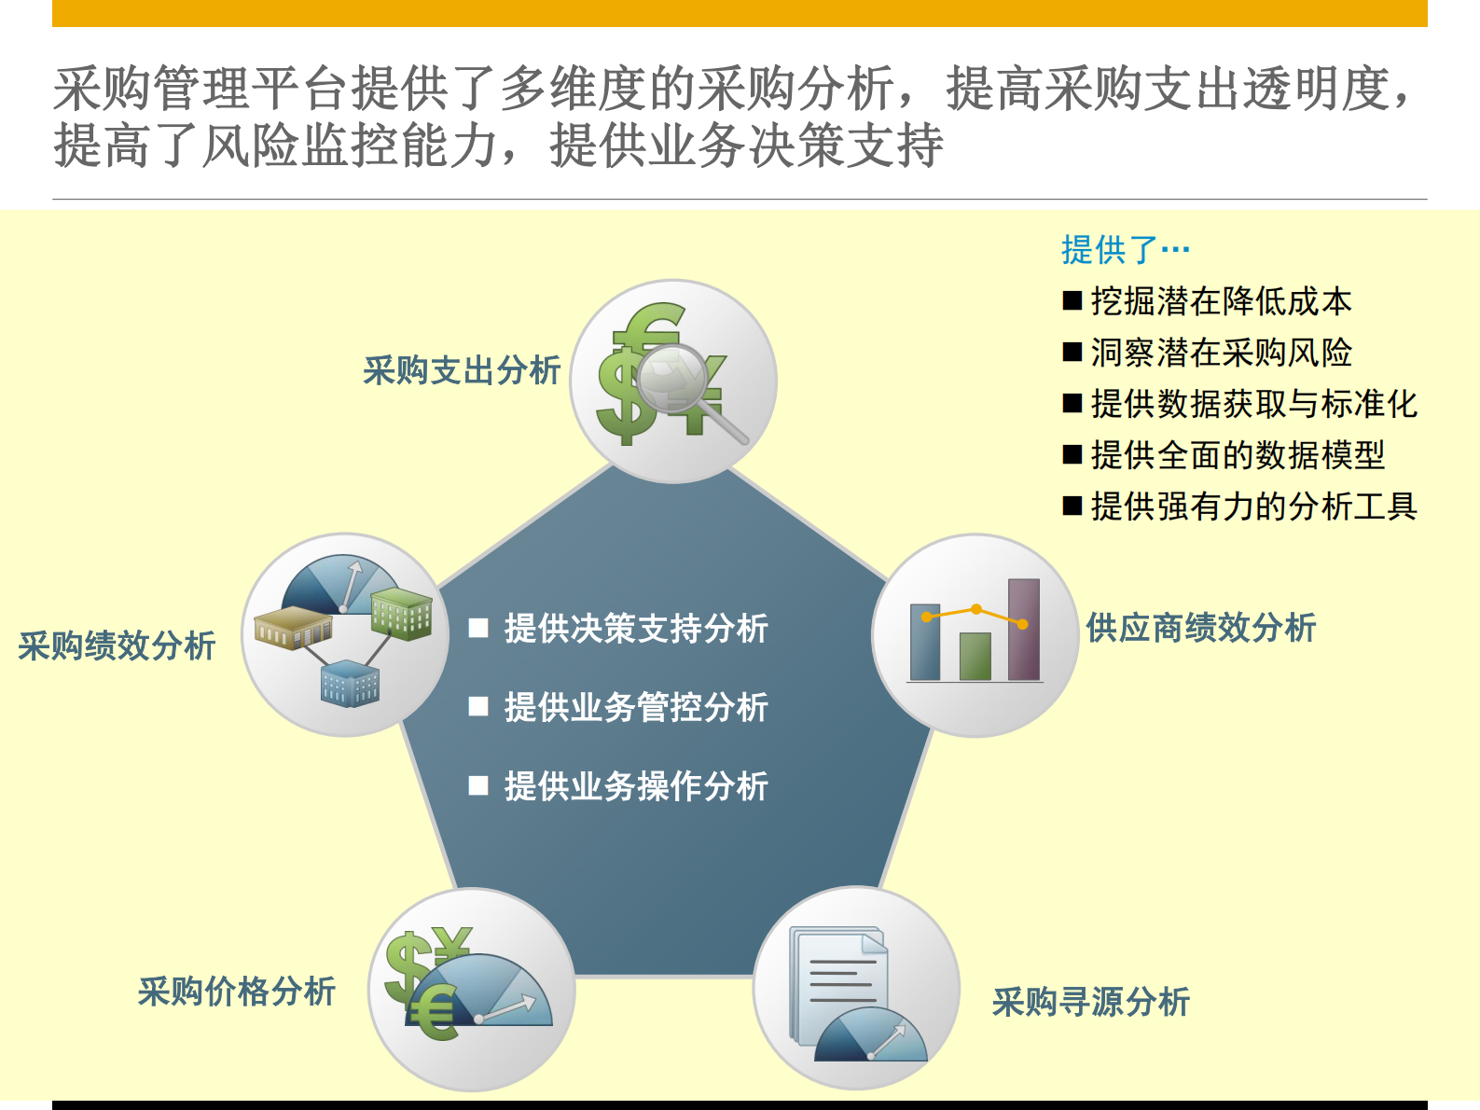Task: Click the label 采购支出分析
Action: (x=462, y=370)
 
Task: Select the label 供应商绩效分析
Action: (x=1200, y=628)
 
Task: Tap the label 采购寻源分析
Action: (x=1090, y=1002)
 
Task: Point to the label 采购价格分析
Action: (x=236, y=991)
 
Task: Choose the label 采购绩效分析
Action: (x=117, y=645)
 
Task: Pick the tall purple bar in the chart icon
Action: (x=1023, y=629)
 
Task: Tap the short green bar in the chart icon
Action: (x=975, y=656)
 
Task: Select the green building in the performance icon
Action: (x=402, y=613)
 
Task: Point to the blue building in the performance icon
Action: (x=350, y=684)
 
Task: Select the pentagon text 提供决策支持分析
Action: (x=636, y=628)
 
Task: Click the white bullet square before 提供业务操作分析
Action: (x=478, y=785)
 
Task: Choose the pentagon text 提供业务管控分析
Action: (x=636, y=707)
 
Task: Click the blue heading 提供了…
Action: (x=1125, y=249)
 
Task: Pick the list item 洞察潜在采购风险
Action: (x=1221, y=353)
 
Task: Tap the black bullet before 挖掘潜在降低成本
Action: (x=1072, y=300)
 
